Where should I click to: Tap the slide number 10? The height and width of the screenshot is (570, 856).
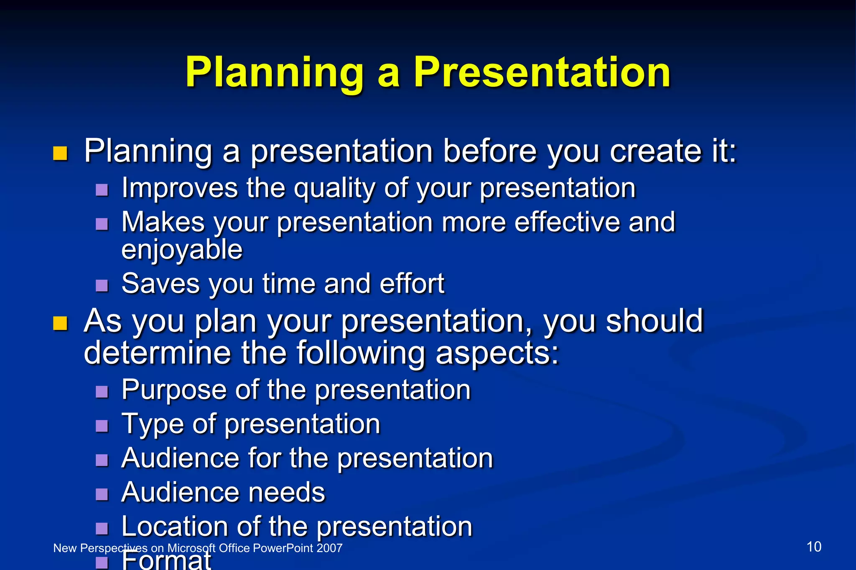pos(813,547)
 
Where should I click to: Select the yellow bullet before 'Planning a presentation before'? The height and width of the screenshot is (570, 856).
pos(60,153)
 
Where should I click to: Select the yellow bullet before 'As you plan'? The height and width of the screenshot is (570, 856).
pos(60,323)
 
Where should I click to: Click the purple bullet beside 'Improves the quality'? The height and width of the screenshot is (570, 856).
pos(102,190)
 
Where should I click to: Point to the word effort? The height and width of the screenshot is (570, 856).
pos(412,284)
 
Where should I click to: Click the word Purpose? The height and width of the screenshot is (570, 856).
pos(174,390)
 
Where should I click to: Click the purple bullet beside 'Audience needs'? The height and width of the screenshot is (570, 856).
pos(102,494)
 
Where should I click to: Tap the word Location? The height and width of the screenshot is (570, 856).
pos(174,526)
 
